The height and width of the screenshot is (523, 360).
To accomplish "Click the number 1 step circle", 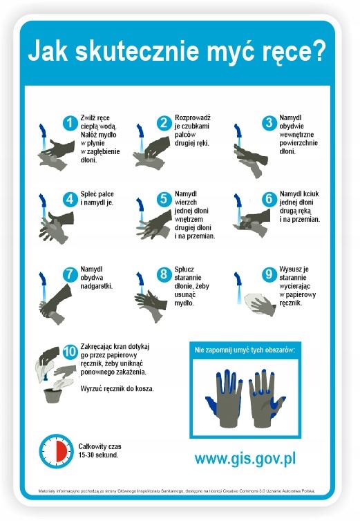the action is pos(70,123).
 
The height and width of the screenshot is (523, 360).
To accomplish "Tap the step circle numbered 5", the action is pos(164,199).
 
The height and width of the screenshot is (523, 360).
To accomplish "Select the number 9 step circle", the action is pos(269,274).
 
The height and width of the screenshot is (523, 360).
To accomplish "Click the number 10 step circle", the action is pos(70,352).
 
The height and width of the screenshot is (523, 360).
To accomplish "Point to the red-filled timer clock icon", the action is pos(56,451).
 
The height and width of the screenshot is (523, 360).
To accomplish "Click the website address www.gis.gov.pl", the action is pos(245,459).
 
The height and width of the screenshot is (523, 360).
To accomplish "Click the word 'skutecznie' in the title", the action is pos(137,50).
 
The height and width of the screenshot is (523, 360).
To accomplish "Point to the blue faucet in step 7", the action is pos(42,280).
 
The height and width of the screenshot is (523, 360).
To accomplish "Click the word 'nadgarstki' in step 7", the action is pos(96,286).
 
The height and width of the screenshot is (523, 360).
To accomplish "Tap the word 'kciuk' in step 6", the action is pos(311,193).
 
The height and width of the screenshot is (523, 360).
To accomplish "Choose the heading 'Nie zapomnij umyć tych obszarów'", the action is pos(245,350).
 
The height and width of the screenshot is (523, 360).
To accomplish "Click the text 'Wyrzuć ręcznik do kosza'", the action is pos(117,388).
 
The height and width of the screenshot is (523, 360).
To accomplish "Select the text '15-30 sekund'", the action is pos(98,455).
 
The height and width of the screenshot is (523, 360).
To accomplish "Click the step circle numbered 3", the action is pos(269,123).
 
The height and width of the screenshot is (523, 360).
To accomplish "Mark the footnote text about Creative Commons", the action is pos(177,491).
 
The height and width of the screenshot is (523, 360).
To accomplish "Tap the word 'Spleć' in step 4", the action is pos(88,194).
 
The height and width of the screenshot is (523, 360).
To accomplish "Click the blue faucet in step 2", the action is pos(140,131).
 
